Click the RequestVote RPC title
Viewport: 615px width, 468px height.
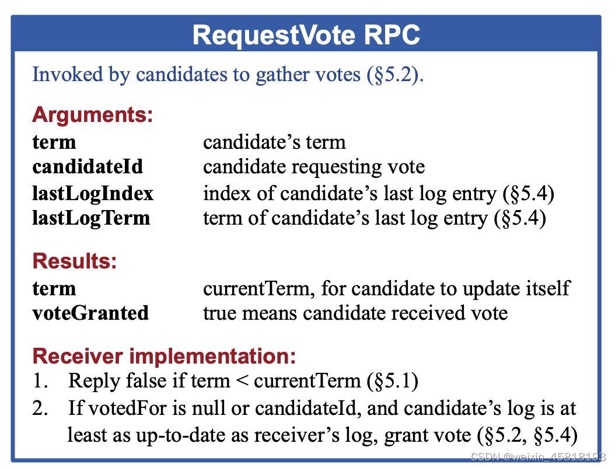[306, 36]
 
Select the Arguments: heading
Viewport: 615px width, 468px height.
[93, 116]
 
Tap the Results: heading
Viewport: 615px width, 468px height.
[75, 261]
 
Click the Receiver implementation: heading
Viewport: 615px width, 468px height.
[164, 356]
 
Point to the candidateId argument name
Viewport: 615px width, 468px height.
[88, 166]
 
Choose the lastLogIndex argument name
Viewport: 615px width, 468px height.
[93, 194]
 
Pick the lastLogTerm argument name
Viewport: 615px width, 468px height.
[91, 218]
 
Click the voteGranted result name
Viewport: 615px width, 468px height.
[90, 313]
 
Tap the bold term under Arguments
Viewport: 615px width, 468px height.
[54, 142]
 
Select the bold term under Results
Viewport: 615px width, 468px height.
[54, 289]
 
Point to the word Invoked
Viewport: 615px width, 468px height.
[67, 74]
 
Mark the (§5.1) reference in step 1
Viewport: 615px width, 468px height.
[392, 381]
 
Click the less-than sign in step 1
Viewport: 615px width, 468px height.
[242, 380]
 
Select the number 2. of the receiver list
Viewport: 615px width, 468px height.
[40, 408]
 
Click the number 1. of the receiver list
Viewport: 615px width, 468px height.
[41, 381]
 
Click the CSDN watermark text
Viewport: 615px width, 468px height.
[538, 457]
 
